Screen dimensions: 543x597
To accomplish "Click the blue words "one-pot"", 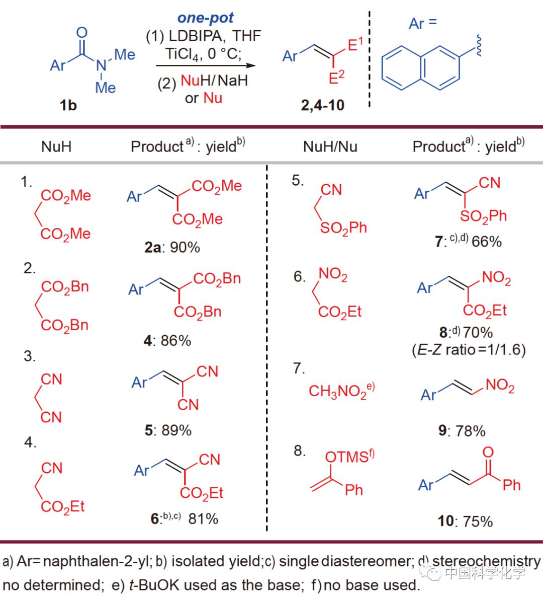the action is point(205,18).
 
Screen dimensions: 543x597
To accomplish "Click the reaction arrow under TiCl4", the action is point(206,65).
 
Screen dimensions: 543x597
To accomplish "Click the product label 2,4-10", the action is point(322,105).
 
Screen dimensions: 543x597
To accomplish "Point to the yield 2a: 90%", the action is point(172,247).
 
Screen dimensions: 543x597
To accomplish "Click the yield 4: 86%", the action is point(167,341).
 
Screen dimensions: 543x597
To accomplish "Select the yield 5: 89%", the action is point(168,430).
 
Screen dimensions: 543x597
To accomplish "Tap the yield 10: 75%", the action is point(465,521).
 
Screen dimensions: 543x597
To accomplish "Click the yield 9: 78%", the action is point(462,431).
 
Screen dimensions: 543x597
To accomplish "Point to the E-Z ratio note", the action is point(469,349).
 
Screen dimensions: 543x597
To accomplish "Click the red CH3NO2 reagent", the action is point(341,391).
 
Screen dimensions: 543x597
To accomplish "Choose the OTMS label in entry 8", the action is point(347,457).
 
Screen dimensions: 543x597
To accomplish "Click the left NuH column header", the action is point(56,146).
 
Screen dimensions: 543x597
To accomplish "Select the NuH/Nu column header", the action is point(330,146).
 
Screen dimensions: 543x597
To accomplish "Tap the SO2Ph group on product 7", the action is point(483,216).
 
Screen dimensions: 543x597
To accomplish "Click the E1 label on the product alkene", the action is point(355,45).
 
